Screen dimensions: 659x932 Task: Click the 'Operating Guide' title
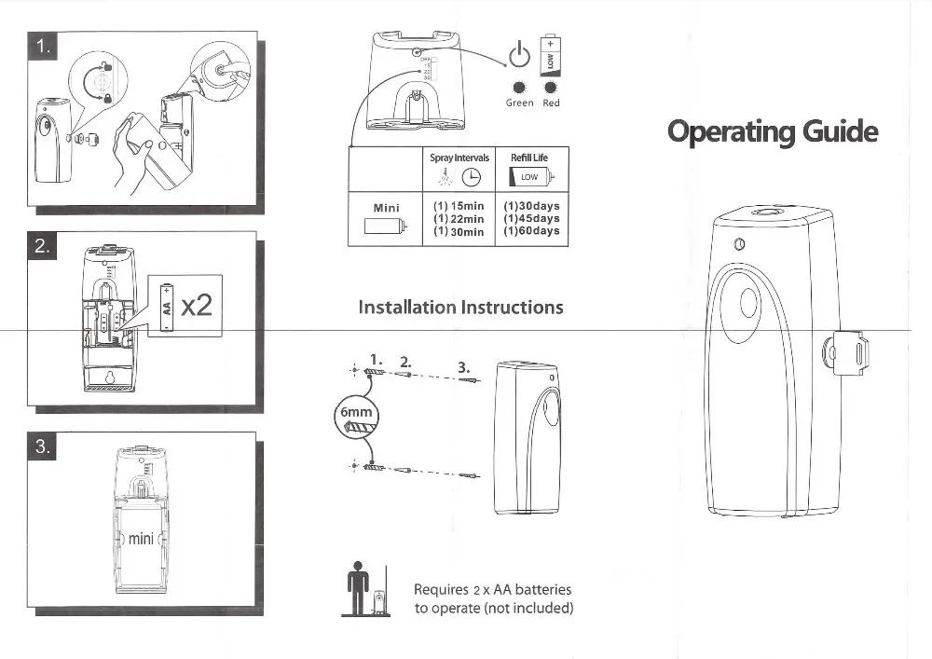773,132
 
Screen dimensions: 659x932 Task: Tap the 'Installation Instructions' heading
460,307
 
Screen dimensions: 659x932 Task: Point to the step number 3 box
43,446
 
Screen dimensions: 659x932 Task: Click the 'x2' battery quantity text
197,304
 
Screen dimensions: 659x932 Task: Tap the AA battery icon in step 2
167,305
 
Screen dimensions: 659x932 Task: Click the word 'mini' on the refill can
141,539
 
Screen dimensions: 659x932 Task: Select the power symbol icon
521,55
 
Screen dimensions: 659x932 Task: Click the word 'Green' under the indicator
519,103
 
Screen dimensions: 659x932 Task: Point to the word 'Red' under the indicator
552,103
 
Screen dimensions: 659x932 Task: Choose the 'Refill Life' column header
529,158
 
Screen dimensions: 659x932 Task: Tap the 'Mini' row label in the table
385,207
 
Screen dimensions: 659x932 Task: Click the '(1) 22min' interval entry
459,219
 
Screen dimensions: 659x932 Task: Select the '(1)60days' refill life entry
530,231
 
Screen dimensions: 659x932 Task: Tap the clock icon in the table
473,177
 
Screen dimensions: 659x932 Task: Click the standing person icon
353,584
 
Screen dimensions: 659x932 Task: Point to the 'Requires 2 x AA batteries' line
492,589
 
